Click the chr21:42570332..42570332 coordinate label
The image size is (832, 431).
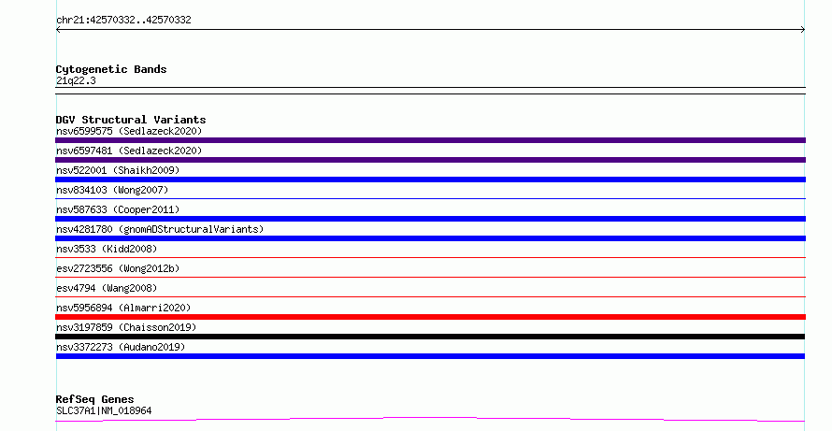tap(123, 21)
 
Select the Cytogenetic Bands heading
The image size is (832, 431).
tap(111, 69)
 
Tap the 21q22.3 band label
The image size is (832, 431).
tap(76, 80)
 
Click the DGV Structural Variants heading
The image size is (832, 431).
tap(131, 120)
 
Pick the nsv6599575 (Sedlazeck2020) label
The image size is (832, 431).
tap(129, 131)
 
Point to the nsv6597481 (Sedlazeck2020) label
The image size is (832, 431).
tap(129, 151)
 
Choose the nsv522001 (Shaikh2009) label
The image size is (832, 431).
tap(118, 170)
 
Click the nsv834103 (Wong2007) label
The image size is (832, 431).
tap(112, 190)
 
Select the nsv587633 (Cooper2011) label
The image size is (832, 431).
tap(118, 209)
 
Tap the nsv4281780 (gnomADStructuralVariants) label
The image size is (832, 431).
tap(160, 229)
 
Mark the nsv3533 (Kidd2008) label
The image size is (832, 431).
tap(107, 249)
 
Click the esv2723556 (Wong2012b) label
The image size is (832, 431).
tap(118, 268)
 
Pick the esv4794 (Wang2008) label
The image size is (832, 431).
tap(107, 288)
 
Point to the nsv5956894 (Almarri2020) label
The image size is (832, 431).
tap(123, 308)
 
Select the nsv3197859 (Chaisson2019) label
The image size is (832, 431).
tap(126, 327)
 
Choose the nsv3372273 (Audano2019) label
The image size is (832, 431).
tap(121, 347)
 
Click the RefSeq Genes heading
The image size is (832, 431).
tap(94, 399)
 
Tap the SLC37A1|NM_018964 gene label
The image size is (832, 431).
tap(104, 410)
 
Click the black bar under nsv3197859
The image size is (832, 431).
tap(430, 337)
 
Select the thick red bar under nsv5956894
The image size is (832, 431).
tap(430, 317)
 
